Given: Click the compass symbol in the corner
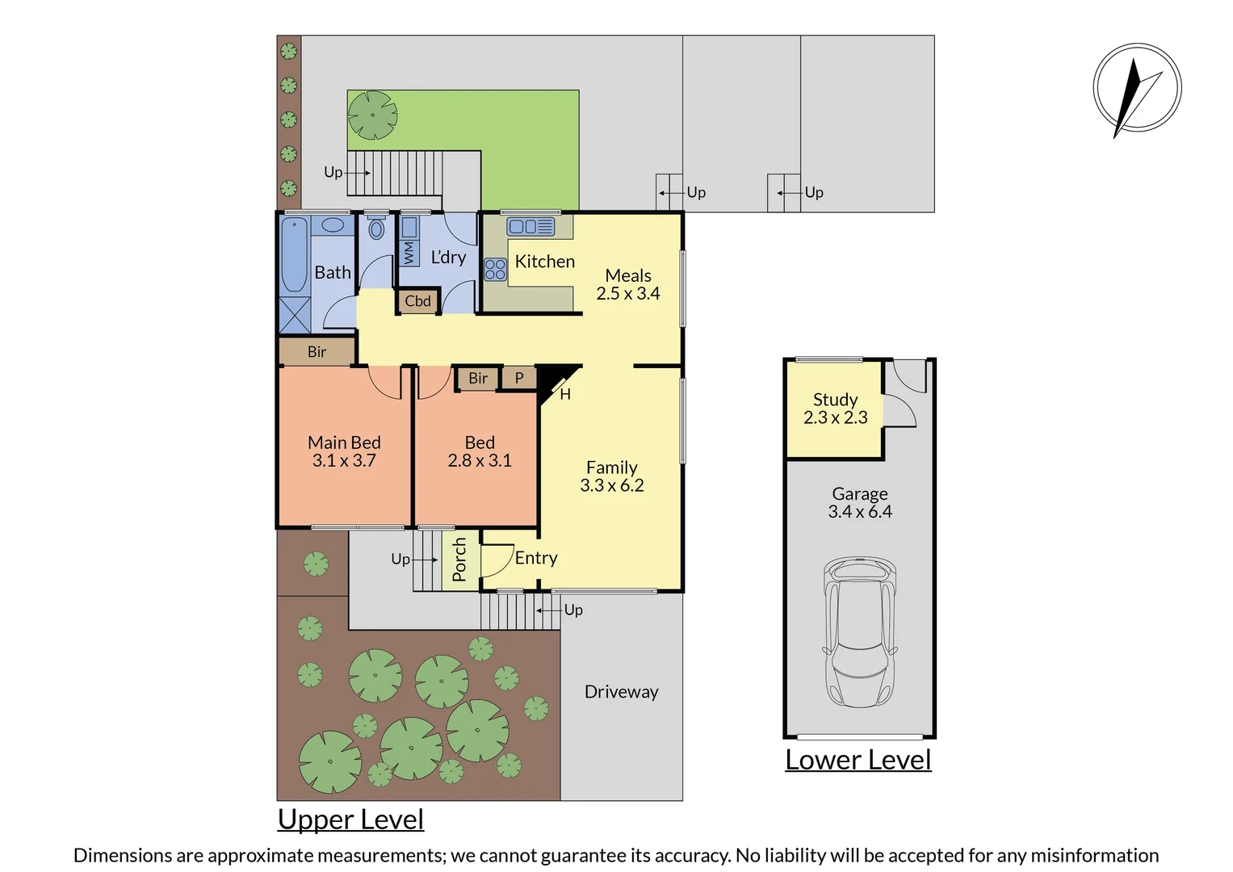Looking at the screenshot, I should pos(1137,88).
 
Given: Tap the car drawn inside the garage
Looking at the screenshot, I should pos(859,632).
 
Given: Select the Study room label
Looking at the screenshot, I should pos(835,400).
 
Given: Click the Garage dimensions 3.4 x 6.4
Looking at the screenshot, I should pos(859,512).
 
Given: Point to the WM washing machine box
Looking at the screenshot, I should pos(409,253).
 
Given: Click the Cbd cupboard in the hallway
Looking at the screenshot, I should pos(417,301).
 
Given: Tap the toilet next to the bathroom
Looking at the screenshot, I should pos(376,229).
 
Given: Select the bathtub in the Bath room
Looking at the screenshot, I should pos(294,254).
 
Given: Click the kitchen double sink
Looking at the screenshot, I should pos(530,227).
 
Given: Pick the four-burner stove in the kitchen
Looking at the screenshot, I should pos(495,270).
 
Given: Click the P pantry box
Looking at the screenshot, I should pos(519,378).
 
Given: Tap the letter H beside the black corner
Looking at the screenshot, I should pos(565,394).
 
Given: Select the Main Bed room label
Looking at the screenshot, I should pos(344,442).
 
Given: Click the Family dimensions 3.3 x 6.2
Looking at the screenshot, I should pos(612,485).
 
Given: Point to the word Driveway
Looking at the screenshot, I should pos(621,692).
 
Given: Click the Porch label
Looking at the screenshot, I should pos(459,560).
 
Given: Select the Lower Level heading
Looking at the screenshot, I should pos(858,760).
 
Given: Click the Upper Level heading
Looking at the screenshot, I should pos(350,819).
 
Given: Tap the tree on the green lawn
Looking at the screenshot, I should pos(372,115).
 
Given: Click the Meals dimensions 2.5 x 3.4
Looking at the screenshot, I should pos(627,294).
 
